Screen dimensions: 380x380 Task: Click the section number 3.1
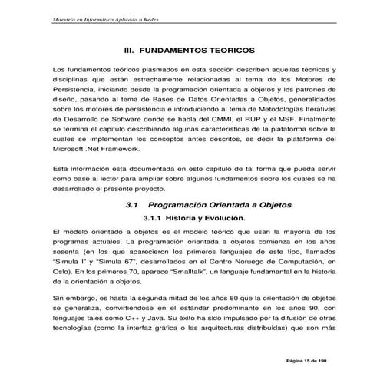(130, 205)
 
